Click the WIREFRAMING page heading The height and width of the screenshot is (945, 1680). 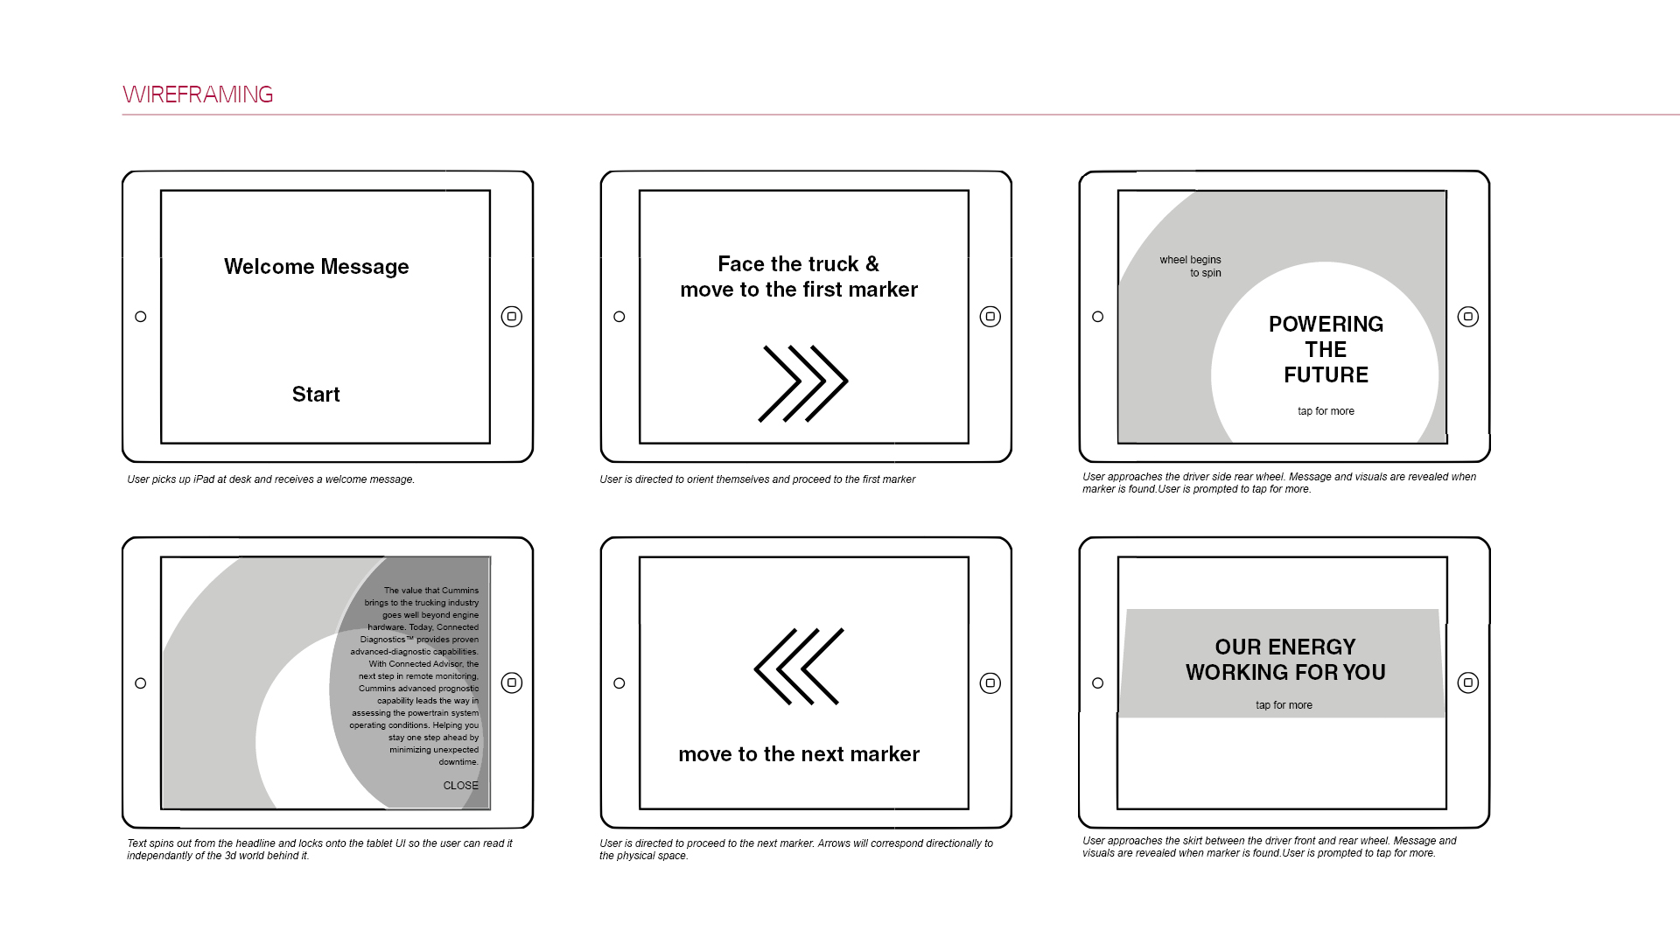click(x=198, y=94)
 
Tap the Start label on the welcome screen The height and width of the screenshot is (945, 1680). click(x=316, y=395)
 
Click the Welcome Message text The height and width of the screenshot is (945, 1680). click(x=317, y=267)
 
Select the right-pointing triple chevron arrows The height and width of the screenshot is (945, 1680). click(x=803, y=383)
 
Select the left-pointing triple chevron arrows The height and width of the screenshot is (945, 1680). click(x=799, y=666)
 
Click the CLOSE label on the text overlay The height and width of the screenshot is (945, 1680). click(x=460, y=786)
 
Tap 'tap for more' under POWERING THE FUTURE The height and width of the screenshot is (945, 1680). click(x=1326, y=411)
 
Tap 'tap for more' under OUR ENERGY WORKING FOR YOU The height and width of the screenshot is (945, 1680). click(x=1284, y=705)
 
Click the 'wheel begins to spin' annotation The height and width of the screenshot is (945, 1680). click(x=1190, y=266)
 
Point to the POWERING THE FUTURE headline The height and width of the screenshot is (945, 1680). click(x=1326, y=349)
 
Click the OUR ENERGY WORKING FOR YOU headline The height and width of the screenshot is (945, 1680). click(x=1285, y=660)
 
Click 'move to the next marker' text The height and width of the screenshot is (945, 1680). click(x=799, y=754)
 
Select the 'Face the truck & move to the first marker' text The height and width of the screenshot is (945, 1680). click(x=799, y=276)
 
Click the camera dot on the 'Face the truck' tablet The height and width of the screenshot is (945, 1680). click(x=619, y=317)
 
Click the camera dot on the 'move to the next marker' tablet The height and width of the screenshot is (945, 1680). click(x=619, y=683)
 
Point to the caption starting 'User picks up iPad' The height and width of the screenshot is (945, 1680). click(x=270, y=479)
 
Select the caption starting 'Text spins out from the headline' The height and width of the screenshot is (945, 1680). click(x=319, y=850)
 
